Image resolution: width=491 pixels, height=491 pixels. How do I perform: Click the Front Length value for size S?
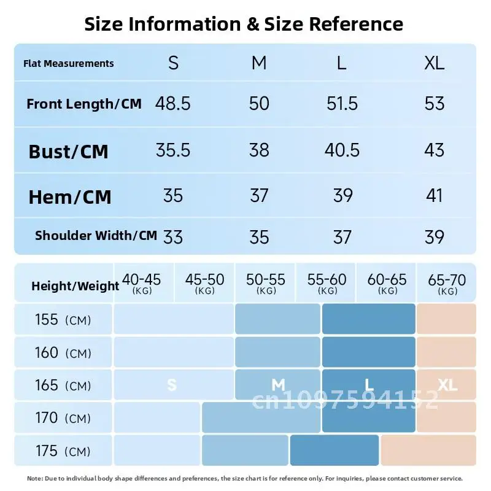[173, 103]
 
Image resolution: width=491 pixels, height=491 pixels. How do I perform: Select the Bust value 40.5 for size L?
[342, 150]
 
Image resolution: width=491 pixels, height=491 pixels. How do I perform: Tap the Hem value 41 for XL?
[435, 195]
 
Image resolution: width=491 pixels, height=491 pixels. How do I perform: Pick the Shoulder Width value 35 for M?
[259, 237]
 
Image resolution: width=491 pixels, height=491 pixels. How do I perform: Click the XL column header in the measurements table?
[435, 63]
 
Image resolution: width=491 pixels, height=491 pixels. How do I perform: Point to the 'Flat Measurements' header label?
[69, 63]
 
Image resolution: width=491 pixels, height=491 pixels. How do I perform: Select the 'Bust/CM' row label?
[68, 152]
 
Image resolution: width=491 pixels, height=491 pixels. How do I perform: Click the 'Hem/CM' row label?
[70, 197]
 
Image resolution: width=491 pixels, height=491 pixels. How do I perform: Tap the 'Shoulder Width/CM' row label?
[96, 235]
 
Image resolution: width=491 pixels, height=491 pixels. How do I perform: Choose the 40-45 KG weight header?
[142, 283]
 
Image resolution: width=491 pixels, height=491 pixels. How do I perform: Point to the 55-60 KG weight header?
[327, 283]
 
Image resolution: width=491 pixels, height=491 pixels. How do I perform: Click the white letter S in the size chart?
[172, 385]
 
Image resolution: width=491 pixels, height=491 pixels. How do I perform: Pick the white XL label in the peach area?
[447, 385]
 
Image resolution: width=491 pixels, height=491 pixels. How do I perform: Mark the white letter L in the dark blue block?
[369, 385]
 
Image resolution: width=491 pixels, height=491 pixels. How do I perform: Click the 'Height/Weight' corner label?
[75, 286]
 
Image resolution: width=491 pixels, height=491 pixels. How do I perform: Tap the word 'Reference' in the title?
[356, 24]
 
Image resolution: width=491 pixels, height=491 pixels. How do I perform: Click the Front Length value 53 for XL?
[435, 103]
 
